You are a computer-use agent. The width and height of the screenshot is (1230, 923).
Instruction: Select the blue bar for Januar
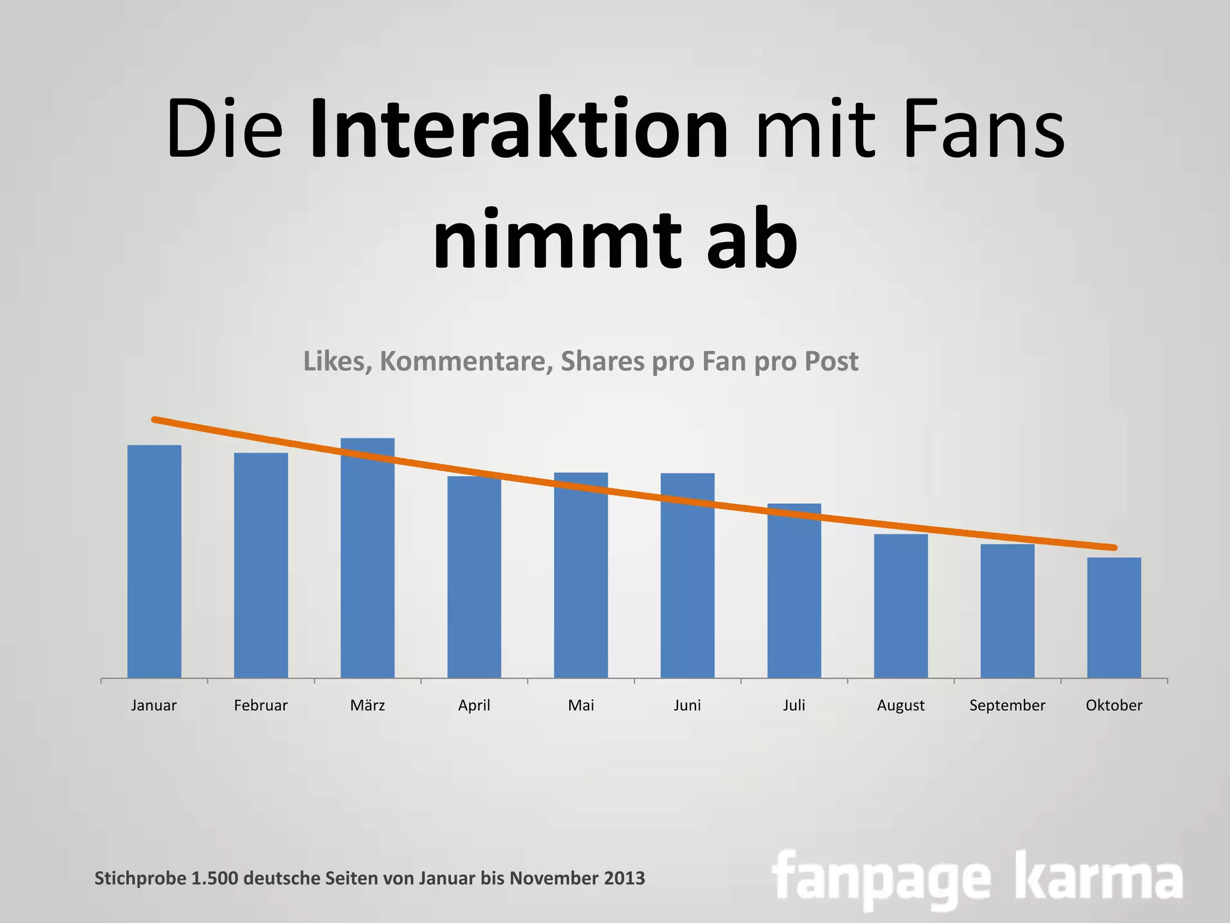[x=154, y=561]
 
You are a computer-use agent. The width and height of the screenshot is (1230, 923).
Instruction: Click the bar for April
[x=474, y=577]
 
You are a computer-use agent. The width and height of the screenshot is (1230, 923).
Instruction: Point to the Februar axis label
[x=261, y=705]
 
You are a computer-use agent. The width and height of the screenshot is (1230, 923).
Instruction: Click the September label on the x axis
[x=1007, y=705]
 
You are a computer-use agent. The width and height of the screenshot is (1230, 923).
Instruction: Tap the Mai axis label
[x=581, y=705]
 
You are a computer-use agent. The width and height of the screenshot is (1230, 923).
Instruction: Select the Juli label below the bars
[x=794, y=705]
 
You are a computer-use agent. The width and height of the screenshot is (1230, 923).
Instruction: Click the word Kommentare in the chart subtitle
[x=466, y=361]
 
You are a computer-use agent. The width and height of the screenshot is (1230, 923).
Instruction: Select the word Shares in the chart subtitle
[x=602, y=361]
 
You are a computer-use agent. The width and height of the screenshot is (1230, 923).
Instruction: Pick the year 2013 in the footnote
[x=625, y=878]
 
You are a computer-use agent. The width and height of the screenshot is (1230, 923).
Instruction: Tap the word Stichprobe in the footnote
[x=140, y=879]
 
